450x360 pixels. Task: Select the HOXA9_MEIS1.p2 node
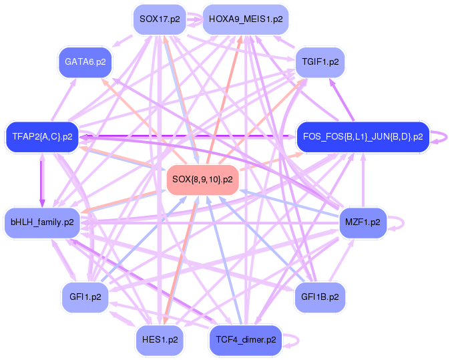tap(246, 19)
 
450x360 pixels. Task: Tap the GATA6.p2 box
tap(85, 61)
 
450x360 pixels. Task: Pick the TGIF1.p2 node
tap(320, 61)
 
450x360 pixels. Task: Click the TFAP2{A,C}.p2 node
tap(41, 137)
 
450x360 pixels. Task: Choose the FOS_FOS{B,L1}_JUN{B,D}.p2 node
tap(363, 137)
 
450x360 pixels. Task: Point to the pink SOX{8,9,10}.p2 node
tap(202, 179)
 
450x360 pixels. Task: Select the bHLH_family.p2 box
tap(42, 221)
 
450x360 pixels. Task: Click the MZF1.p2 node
tap(363, 221)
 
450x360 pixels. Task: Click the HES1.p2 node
tap(160, 339)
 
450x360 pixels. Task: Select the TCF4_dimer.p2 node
tap(245, 339)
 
